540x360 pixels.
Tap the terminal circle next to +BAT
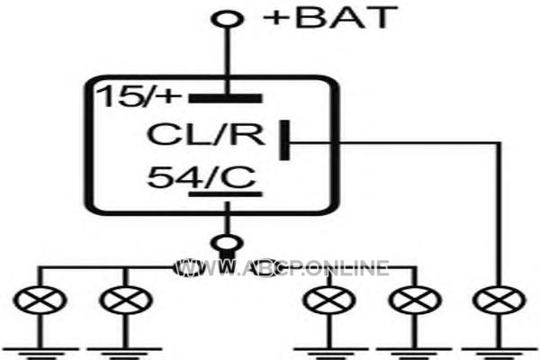(227, 18)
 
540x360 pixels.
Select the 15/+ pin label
(139, 95)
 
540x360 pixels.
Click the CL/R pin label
(206, 134)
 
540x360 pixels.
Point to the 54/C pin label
(202, 177)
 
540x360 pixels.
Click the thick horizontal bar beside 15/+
(226, 98)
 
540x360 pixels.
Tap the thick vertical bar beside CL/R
(284, 140)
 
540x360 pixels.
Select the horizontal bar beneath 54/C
(226, 194)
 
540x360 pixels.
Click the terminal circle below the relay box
(227, 243)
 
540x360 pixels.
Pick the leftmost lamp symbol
(40, 300)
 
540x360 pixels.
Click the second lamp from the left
(126, 300)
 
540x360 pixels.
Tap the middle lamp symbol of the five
(329, 300)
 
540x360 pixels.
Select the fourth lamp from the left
(415, 300)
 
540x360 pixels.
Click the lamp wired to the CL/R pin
(499, 300)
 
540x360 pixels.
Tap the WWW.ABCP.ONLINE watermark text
(282, 267)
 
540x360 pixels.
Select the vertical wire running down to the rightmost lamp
(499, 213)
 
